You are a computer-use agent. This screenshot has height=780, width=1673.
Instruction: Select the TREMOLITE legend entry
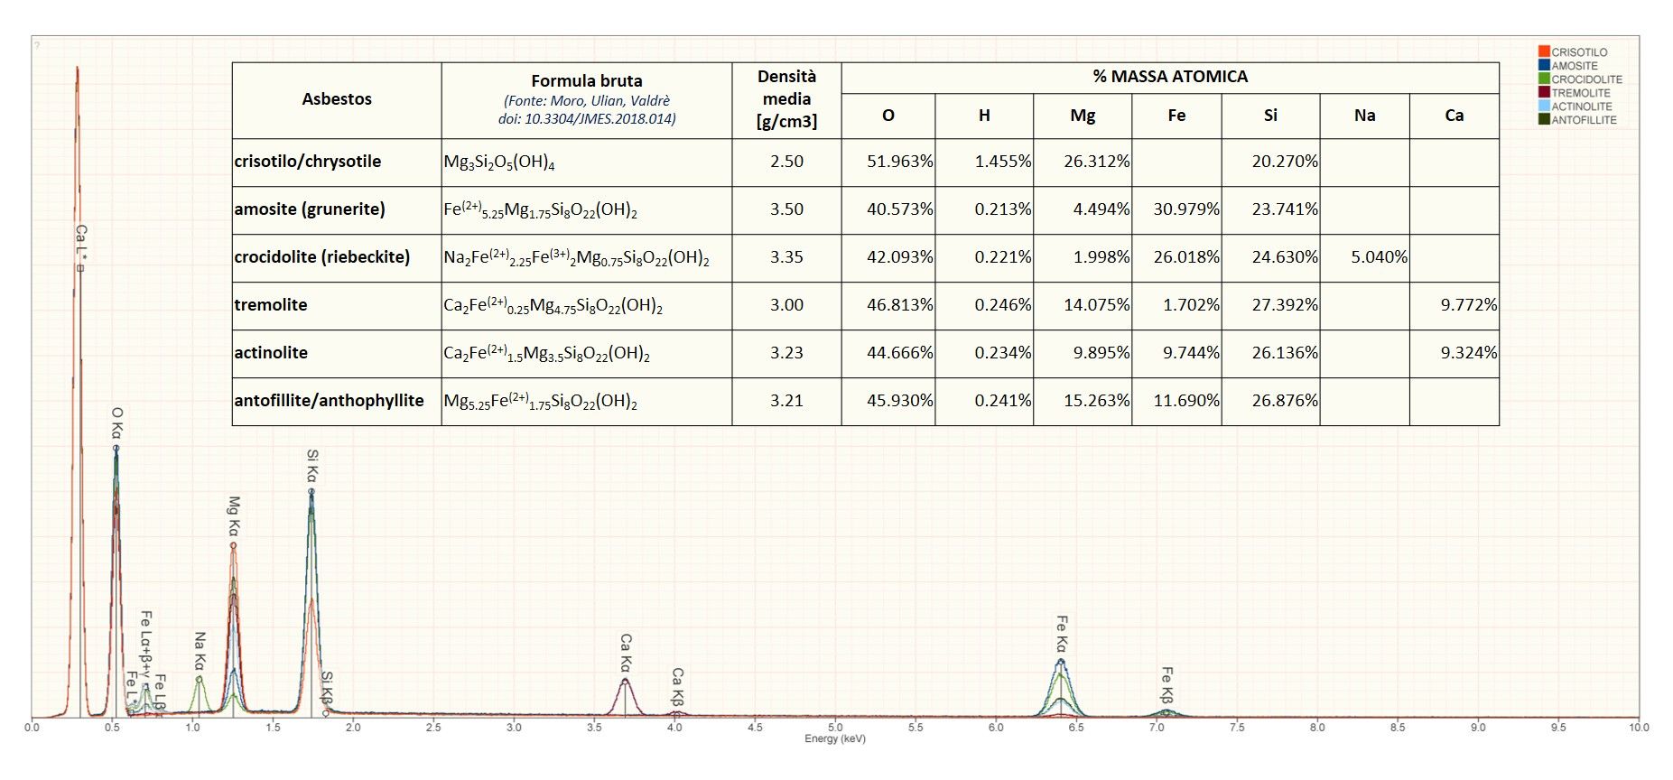pos(1580,93)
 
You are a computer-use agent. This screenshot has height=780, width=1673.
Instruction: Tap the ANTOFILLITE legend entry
pos(1583,120)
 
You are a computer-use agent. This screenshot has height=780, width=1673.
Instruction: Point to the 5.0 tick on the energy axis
pos(835,727)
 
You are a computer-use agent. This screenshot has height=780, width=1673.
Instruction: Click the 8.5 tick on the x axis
pos(1398,727)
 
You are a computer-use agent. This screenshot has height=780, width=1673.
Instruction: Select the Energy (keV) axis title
pos(835,738)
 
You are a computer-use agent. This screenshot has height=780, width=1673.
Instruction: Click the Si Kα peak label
pos(312,466)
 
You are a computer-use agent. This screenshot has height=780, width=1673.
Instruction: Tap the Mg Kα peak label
pos(234,515)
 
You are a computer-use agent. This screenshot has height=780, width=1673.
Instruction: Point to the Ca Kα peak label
pos(626,652)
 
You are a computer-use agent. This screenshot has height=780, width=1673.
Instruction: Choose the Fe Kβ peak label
pos(1166,684)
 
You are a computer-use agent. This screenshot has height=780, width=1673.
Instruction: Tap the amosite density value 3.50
pos(786,209)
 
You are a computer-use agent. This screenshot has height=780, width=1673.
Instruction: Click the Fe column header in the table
pos(1176,116)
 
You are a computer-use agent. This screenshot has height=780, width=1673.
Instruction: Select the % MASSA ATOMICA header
pos(1170,77)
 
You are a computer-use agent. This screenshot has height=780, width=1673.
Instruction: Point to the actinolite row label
pos(271,353)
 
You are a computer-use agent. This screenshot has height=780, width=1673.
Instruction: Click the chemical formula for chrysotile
pos(499,162)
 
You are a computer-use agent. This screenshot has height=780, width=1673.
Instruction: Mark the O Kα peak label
pos(117,422)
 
